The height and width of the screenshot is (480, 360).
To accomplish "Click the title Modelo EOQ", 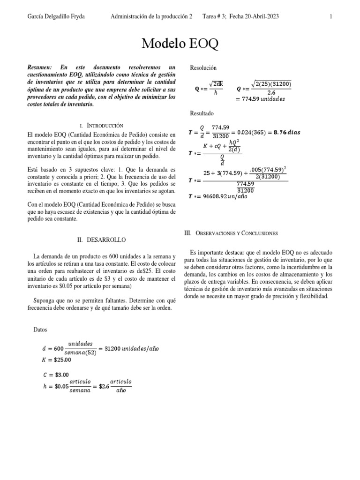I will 180,45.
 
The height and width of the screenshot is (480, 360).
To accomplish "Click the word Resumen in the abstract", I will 41,68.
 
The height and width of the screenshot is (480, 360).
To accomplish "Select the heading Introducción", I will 105,126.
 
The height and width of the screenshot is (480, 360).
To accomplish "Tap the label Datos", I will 41,330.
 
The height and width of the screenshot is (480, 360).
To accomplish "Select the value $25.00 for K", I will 61,360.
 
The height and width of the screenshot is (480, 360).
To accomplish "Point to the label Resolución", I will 203,68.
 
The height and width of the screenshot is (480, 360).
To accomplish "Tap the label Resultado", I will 202,113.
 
